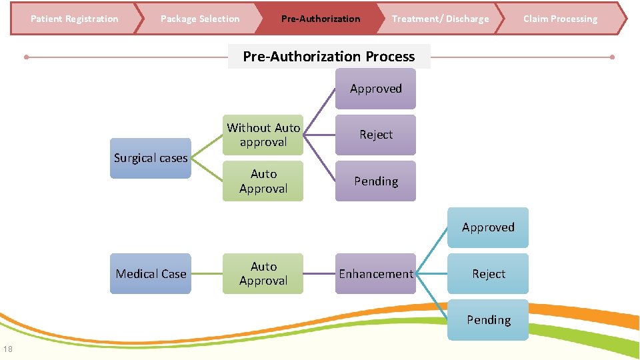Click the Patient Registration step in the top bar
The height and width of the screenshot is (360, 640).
[74, 19]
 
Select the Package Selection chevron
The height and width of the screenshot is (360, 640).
[200, 19]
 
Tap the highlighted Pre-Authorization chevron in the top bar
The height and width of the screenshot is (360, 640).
[321, 19]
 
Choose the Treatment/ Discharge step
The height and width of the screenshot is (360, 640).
[440, 19]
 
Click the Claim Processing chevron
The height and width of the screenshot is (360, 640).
[561, 19]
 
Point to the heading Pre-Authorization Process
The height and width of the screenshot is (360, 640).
[329, 57]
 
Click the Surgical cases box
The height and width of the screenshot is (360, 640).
[151, 158]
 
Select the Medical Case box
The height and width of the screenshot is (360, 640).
[151, 273]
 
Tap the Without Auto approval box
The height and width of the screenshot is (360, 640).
[263, 135]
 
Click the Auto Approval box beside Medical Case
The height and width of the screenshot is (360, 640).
[263, 273]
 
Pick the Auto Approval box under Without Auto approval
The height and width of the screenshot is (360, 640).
[263, 181]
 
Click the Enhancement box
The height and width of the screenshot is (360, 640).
[376, 273]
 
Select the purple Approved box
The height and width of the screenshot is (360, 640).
[376, 89]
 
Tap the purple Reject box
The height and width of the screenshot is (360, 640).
[376, 135]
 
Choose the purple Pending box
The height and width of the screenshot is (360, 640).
[376, 181]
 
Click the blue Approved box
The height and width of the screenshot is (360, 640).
[488, 227]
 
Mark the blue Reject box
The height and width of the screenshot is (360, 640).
[488, 273]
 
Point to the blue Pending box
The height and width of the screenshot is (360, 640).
[488, 320]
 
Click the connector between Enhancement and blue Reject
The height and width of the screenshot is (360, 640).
[431, 273]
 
